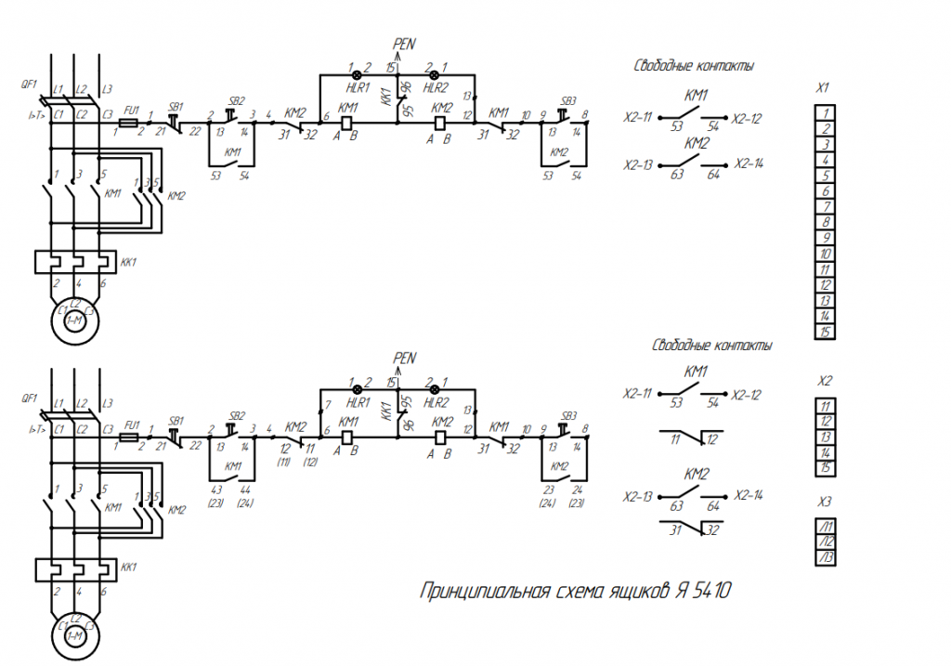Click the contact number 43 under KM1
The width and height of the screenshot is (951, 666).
coord(217,490)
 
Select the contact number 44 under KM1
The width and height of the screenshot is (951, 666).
coord(245,490)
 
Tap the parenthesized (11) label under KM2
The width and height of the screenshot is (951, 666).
coord(284,462)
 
